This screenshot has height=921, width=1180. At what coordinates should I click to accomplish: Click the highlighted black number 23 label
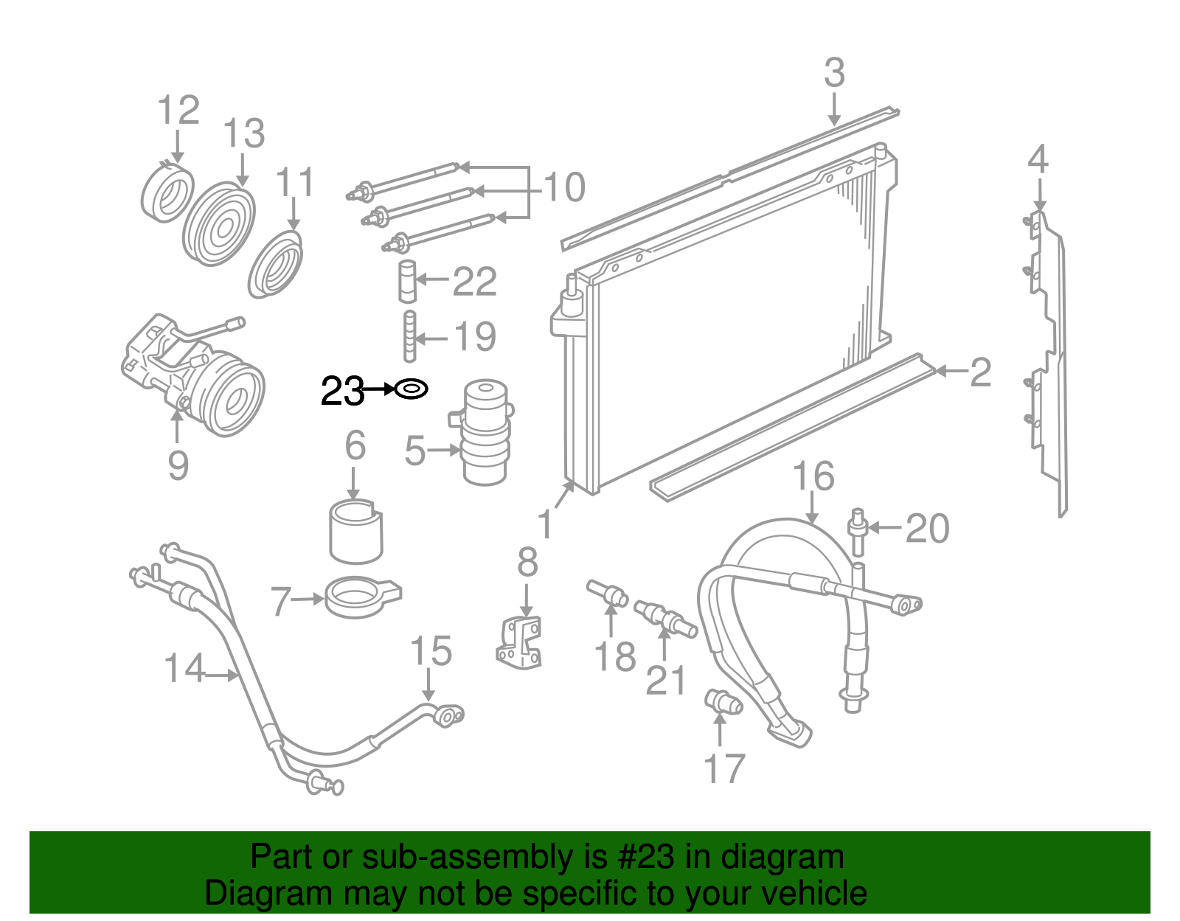342,391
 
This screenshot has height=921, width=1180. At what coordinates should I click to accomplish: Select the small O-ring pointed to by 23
412,388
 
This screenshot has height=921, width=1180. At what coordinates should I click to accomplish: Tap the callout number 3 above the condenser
834,74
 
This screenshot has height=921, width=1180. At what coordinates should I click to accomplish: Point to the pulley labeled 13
218,225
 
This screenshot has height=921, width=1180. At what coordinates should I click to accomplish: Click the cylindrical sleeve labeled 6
355,531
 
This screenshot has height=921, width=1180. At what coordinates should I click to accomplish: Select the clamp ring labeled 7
361,596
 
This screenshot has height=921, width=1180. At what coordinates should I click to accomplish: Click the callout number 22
474,282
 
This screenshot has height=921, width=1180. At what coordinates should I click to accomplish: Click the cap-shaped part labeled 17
723,701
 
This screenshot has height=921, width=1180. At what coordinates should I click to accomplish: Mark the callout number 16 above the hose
813,477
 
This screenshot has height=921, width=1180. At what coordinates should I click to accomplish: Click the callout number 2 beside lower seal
980,372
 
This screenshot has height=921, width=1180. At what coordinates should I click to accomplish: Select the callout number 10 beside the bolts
564,187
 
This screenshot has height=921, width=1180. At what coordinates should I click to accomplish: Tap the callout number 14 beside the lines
184,669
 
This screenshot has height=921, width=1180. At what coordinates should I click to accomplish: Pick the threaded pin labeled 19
409,337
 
